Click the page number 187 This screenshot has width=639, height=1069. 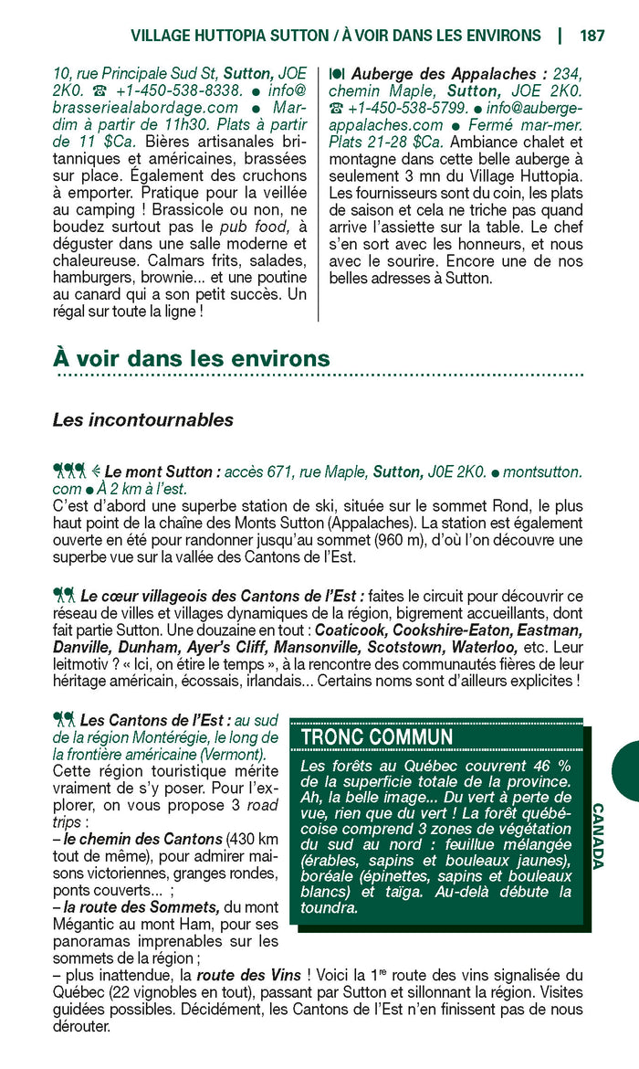point(592,36)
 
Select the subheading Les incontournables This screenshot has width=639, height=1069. point(143,420)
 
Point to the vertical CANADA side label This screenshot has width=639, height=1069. point(598,836)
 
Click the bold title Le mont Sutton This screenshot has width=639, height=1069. point(163,472)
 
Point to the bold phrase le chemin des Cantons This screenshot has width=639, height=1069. point(143,839)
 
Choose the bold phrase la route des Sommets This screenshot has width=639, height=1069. point(141,907)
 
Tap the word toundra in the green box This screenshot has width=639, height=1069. point(329,907)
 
